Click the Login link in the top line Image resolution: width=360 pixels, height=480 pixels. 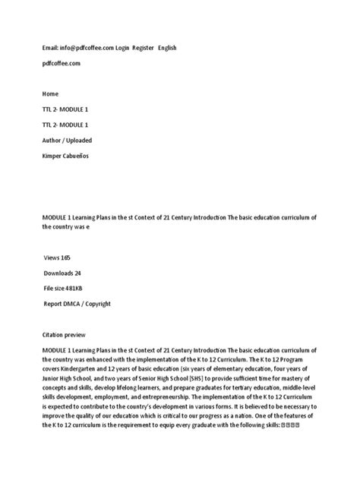tap(122, 48)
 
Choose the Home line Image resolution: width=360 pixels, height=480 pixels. tap(50, 95)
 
